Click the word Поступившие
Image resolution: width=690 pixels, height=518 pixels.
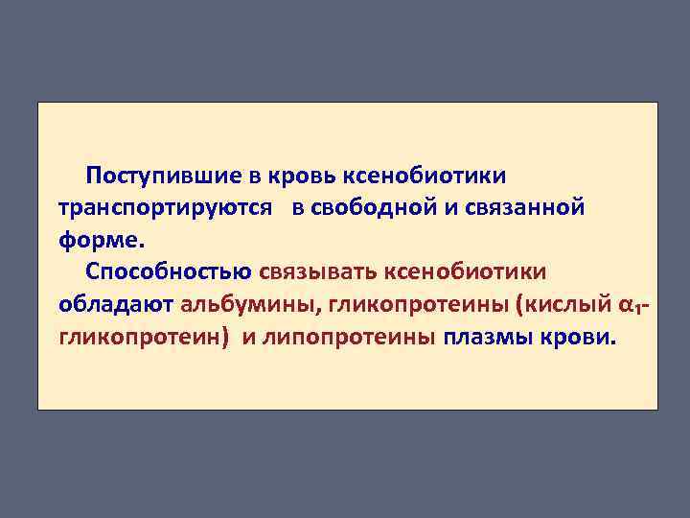coord(156,176)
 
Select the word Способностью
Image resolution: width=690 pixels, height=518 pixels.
coord(168,273)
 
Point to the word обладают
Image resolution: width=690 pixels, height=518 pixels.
coord(115,306)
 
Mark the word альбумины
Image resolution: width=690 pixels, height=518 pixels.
coord(249,306)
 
